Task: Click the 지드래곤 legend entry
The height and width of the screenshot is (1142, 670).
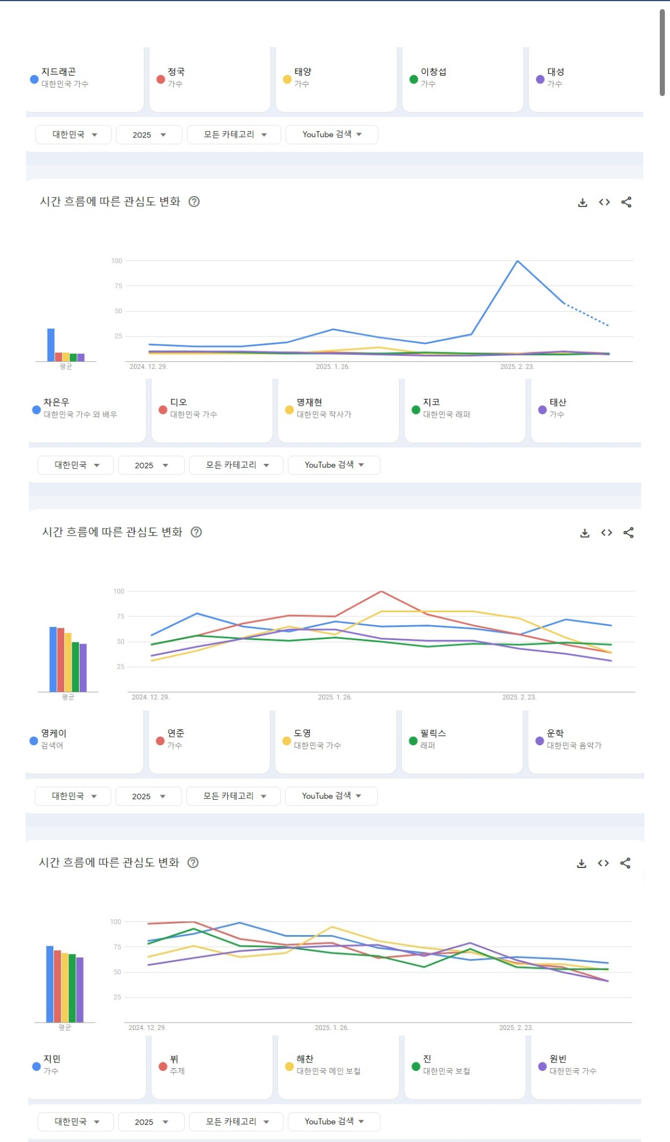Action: click(59, 78)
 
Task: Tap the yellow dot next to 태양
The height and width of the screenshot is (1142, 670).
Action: click(287, 79)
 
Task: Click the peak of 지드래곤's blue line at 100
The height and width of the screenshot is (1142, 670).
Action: click(517, 261)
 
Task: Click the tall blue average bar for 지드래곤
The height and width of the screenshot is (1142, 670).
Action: click(51, 344)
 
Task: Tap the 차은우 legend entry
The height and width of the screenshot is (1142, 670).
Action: click(74, 408)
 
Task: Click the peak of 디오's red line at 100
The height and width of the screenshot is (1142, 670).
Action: click(381, 592)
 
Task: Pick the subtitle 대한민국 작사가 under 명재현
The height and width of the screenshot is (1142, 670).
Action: click(324, 414)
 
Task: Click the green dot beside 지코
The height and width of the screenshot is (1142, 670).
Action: click(416, 410)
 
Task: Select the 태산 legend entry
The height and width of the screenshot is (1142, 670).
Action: click(552, 408)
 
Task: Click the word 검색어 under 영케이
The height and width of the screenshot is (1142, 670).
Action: click(52, 745)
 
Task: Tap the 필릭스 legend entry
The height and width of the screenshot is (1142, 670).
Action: click(427, 739)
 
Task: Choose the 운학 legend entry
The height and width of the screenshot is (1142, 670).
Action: click(568, 739)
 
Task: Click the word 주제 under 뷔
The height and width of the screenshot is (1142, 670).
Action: click(177, 1071)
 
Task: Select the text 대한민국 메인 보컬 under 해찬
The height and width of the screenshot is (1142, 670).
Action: click(328, 1071)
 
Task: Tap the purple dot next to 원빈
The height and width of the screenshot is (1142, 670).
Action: click(543, 1066)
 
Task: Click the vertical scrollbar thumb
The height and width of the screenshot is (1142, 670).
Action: click(662, 52)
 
